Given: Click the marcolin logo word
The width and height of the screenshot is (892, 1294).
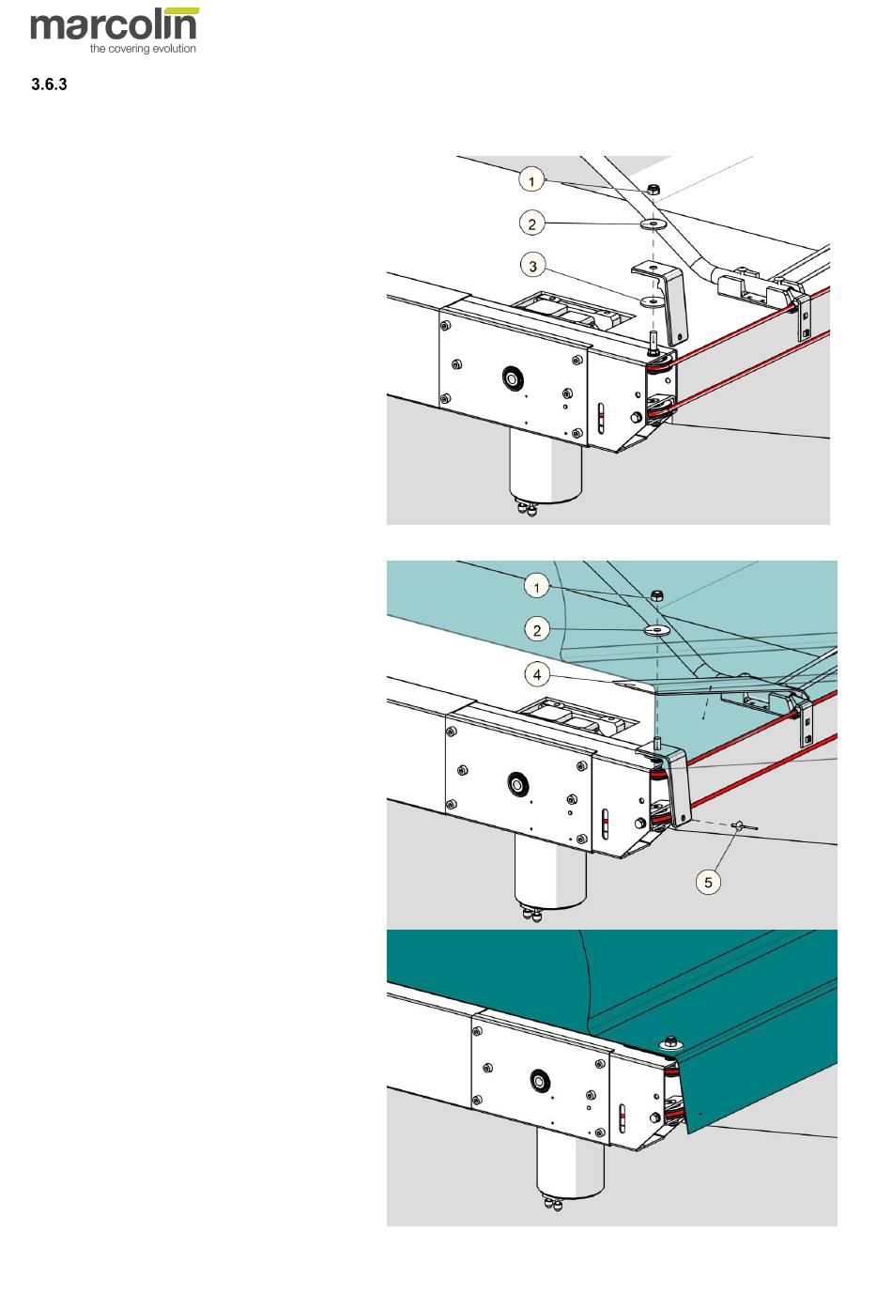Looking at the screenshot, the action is pos(115,25).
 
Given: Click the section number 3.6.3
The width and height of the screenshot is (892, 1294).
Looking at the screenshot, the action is pos(49,85).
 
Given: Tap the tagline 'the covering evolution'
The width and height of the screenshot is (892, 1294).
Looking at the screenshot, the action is pos(143,49).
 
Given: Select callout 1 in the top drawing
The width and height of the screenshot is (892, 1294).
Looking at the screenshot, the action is pos(532,179).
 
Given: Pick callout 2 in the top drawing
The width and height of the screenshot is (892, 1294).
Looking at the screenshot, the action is pos(532,223).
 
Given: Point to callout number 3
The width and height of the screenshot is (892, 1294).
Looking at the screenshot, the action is pos(533,266).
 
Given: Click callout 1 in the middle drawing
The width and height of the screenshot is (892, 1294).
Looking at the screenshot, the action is pos(536,587).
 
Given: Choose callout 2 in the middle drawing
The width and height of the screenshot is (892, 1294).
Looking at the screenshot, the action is pos(537,629).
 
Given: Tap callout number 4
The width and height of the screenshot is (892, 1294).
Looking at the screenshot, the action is pos(537,673).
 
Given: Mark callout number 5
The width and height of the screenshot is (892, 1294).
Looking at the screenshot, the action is pos(709,881).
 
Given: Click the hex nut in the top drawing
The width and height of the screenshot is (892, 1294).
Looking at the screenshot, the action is pos(654,191).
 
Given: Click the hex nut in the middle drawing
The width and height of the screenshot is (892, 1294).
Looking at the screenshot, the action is pos(657,596).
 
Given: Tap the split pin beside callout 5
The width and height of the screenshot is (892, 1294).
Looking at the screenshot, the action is pos(744,826).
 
